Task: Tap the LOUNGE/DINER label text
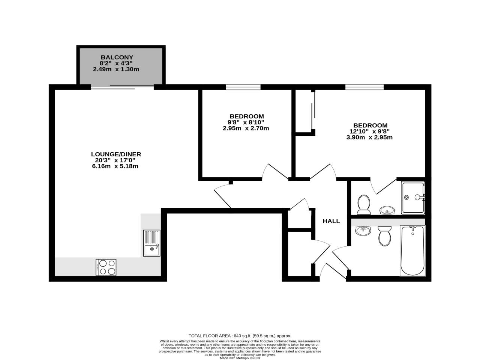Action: point(116,154)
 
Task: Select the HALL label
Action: point(331,221)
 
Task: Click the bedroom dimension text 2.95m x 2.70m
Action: point(246,128)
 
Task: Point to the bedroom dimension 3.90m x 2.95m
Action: point(369,137)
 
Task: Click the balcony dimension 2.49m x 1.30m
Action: point(116,69)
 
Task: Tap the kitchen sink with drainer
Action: point(151,243)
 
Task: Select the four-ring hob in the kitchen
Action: point(106,267)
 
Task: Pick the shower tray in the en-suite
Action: point(413,197)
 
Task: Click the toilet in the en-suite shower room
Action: point(363,204)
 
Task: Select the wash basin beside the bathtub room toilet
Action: point(363,231)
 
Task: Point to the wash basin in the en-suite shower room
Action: point(387,210)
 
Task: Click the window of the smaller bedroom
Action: point(243,87)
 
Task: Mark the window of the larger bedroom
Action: point(364,87)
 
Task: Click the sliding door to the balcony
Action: point(122,87)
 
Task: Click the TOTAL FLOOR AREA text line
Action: point(240,336)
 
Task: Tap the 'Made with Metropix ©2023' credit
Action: point(240,358)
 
